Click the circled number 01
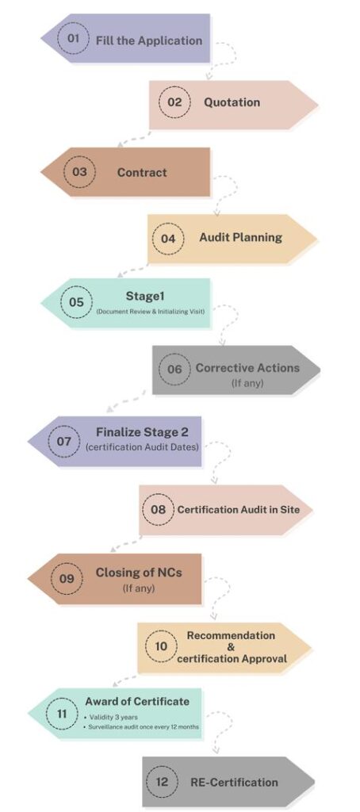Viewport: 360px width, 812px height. point(73,38)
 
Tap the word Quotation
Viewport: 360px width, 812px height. point(232,102)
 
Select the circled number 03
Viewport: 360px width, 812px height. point(80,171)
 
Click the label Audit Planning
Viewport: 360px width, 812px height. point(240,237)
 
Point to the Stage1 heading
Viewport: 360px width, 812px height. point(144,297)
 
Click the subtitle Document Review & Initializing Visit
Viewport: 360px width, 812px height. point(151,311)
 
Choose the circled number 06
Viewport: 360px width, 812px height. point(174,369)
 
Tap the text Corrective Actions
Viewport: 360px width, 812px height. point(247,368)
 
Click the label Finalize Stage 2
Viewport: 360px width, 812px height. point(142,432)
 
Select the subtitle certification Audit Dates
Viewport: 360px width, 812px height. point(142,446)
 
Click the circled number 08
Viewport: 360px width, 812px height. point(158,509)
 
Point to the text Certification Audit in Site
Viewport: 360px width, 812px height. point(238,510)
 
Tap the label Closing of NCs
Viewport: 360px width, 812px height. point(139,573)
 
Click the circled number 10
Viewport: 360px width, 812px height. point(161,646)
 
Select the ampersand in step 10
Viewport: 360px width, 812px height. point(231,647)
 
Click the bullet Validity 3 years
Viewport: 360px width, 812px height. point(110,717)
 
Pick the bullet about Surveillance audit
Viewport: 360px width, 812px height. point(141,726)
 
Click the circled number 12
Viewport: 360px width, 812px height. point(162,781)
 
